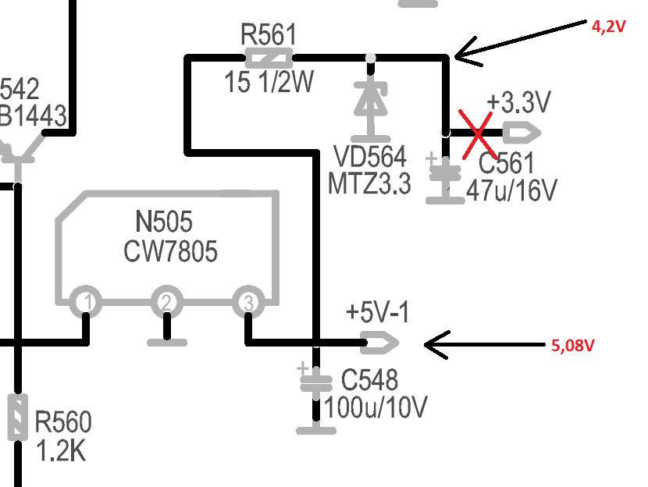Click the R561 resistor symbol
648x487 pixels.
pos(269,57)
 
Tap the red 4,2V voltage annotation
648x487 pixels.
pos(610,25)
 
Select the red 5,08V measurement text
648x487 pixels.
pos(577,343)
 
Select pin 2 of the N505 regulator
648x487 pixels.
pos(166,302)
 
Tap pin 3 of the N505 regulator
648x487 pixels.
pos(247,302)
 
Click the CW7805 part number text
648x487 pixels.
pos(170,251)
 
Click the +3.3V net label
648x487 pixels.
pos(518,102)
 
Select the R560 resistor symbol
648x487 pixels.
pos(17,416)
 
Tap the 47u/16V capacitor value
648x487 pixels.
pos(511,190)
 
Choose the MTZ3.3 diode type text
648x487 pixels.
pos(369,184)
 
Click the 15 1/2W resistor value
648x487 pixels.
pos(268,82)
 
